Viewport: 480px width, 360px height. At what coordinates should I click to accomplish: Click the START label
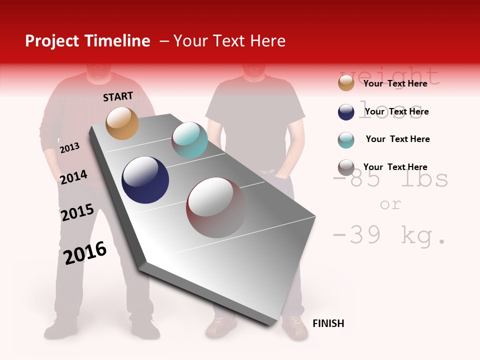pyautogui.click(x=118, y=96)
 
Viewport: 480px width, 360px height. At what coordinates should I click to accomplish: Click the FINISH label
pyautogui.click(x=328, y=323)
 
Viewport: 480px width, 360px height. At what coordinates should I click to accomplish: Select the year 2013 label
pyautogui.click(x=69, y=148)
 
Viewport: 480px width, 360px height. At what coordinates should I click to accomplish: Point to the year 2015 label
pyautogui.click(x=77, y=212)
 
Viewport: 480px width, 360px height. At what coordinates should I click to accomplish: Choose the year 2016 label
pyautogui.click(x=85, y=252)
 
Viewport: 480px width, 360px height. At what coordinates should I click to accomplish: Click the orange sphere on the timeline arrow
pyautogui.click(x=122, y=123)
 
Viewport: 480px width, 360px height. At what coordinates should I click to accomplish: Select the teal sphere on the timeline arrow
pyautogui.click(x=189, y=140)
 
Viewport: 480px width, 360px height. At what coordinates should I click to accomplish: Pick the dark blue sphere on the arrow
pyautogui.click(x=145, y=180)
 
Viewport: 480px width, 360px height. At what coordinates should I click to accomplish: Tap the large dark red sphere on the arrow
pyautogui.click(x=216, y=207)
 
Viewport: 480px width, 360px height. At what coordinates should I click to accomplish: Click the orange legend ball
pyautogui.click(x=346, y=83)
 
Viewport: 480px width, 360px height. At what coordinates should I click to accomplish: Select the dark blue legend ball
pyautogui.click(x=346, y=112)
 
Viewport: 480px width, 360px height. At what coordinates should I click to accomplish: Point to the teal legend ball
pyautogui.click(x=346, y=140)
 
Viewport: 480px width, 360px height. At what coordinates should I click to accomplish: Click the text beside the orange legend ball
pyautogui.click(x=395, y=83)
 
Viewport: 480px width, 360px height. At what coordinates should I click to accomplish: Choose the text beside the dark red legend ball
pyautogui.click(x=395, y=167)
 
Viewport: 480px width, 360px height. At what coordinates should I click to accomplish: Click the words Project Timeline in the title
pyautogui.click(x=87, y=41)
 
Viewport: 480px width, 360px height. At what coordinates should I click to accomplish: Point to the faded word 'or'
pyautogui.click(x=390, y=204)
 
